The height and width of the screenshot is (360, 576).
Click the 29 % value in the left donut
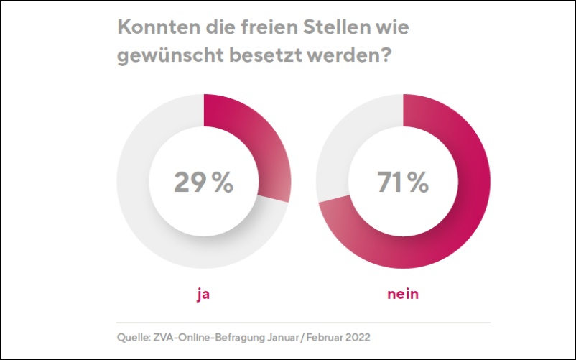(x=203, y=183)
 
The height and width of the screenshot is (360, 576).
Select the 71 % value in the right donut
(x=403, y=183)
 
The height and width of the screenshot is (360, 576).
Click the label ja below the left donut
(x=203, y=294)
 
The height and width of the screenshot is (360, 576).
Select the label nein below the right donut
(x=403, y=294)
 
